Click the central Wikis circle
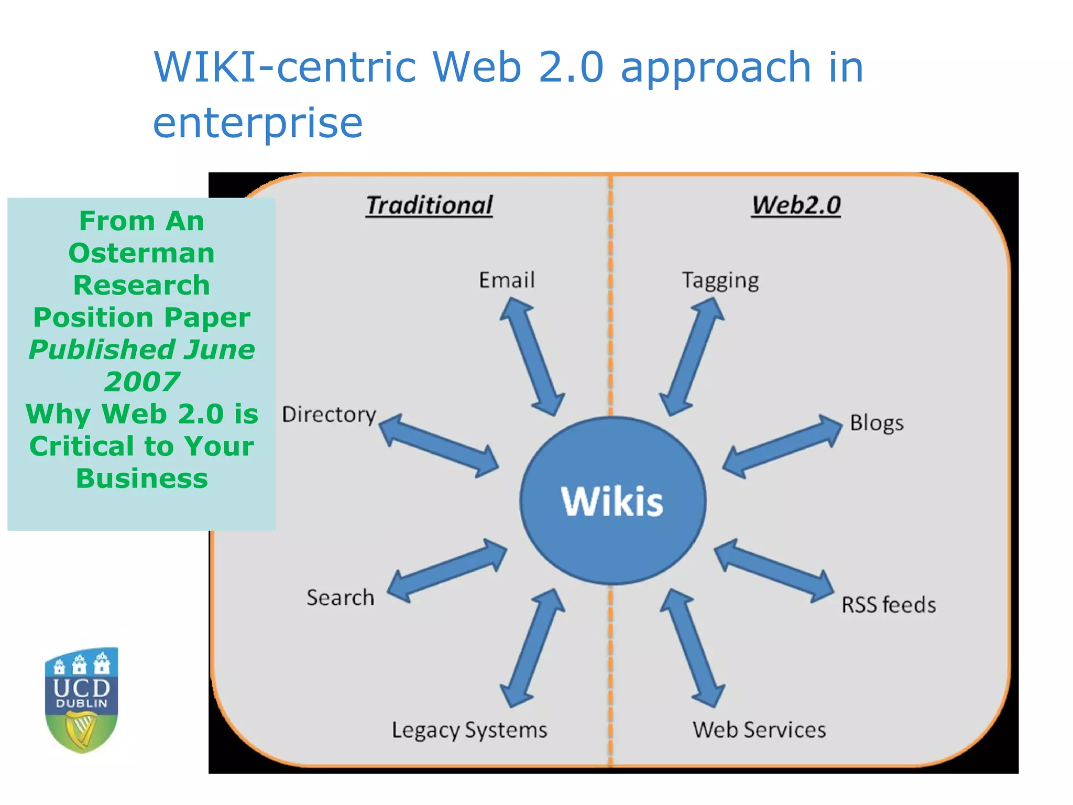pos(612,501)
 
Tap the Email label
pos(507,280)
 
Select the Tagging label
pos(720,281)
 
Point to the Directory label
pos(329,415)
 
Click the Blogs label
pos(877,423)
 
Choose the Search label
pos(341,597)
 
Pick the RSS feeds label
pos(889,605)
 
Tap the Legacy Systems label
pos(469,730)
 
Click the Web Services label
pos(759,730)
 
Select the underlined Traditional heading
pos(429,205)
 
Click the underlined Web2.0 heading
pos(796,205)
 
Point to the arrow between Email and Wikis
pos(532,356)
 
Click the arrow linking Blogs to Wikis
pos(782,446)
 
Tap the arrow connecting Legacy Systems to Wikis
pos(532,648)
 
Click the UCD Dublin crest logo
pos(82,700)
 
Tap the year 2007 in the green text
pos(142,382)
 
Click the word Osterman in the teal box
pos(141,253)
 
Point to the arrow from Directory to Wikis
pos(439,445)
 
